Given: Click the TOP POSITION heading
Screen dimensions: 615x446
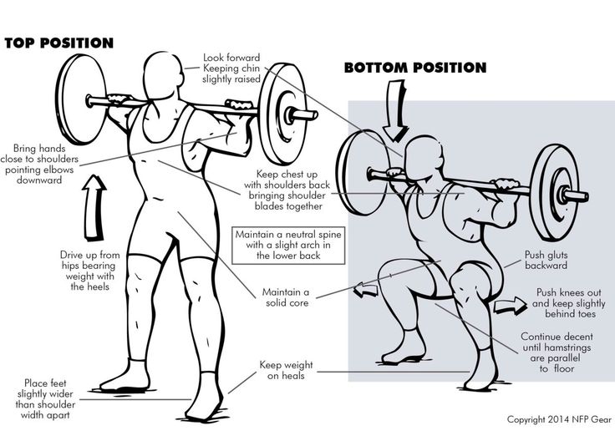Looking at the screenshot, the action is (x=58, y=43).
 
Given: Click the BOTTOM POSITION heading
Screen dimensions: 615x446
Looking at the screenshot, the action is (x=415, y=68).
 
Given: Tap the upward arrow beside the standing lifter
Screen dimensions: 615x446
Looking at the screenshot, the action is (x=94, y=208).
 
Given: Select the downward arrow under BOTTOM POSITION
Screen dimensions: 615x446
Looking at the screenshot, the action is (x=395, y=110).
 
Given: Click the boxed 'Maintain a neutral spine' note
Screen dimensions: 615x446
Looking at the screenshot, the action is (x=288, y=245).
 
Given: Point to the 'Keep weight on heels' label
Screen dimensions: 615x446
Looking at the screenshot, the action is (x=287, y=370).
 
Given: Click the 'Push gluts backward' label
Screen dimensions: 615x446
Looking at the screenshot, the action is (x=546, y=260).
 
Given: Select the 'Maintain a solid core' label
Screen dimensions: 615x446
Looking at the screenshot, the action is (x=286, y=297).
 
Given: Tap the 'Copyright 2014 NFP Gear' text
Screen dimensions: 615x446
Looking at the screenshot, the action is (x=559, y=419).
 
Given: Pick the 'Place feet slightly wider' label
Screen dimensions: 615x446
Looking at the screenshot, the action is (x=45, y=398).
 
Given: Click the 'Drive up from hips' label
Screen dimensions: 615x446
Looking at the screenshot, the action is (x=89, y=271).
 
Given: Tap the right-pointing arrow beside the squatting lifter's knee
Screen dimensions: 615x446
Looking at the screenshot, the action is (x=510, y=305).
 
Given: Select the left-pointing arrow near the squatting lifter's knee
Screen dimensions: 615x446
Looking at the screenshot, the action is (x=365, y=291).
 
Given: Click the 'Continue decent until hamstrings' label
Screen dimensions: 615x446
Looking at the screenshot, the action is (x=557, y=352).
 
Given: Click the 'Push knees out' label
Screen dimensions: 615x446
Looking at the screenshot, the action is (x=569, y=303).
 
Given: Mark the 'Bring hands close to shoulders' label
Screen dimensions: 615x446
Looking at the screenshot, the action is (x=39, y=165).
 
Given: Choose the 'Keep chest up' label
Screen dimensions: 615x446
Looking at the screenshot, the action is (x=287, y=190).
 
